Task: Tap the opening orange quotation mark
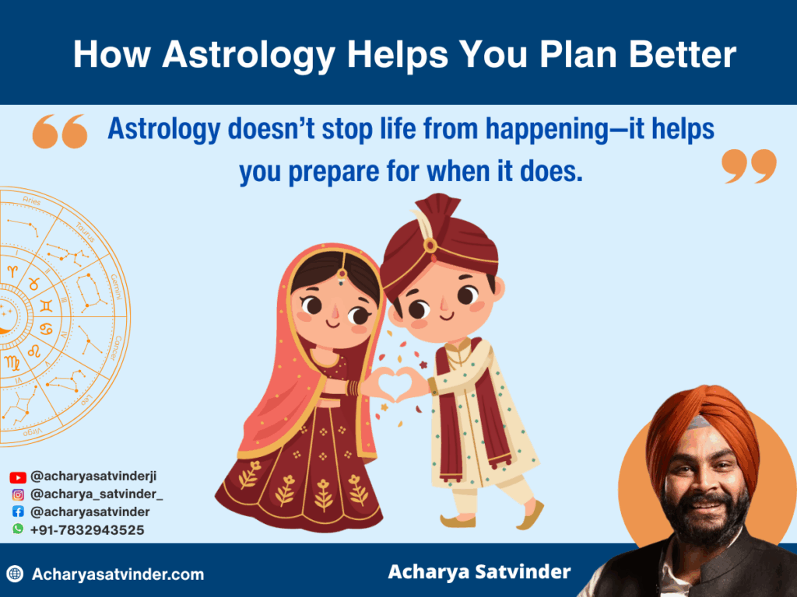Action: (60, 131)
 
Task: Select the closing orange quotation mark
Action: (750, 166)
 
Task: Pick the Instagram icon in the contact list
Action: (18, 494)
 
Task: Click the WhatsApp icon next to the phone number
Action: (18, 529)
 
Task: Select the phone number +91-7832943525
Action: (87, 529)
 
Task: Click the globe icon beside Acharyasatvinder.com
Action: (15, 574)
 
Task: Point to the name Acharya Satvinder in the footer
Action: (479, 573)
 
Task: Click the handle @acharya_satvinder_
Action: (97, 494)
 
